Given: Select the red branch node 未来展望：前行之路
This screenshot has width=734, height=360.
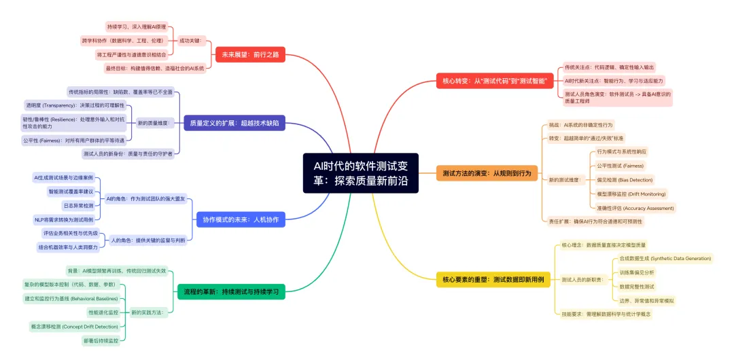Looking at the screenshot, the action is (x=249, y=54).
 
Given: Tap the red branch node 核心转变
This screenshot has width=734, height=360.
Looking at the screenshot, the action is (x=497, y=81).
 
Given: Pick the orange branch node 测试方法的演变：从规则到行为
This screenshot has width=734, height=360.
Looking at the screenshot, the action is (x=487, y=173).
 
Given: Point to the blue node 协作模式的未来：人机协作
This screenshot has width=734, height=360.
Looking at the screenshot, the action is (x=241, y=219).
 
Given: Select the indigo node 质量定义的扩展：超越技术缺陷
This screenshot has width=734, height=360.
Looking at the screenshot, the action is (x=235, y=124).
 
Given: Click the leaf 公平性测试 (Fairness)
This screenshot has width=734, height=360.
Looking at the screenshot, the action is (x=620, y=165).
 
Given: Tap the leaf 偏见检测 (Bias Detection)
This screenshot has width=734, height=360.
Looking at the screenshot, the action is (x=625, y=180).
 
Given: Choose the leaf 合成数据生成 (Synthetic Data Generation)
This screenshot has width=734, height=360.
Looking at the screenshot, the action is (x=665, y=258).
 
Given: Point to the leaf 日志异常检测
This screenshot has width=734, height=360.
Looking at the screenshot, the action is (x=78, y=205).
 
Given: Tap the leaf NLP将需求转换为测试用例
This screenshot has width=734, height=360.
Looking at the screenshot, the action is (x=68, y=219).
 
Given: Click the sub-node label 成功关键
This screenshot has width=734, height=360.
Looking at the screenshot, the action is (x=190, y=41).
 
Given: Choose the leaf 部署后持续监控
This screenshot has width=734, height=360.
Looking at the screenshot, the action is (x=101, y=340).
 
